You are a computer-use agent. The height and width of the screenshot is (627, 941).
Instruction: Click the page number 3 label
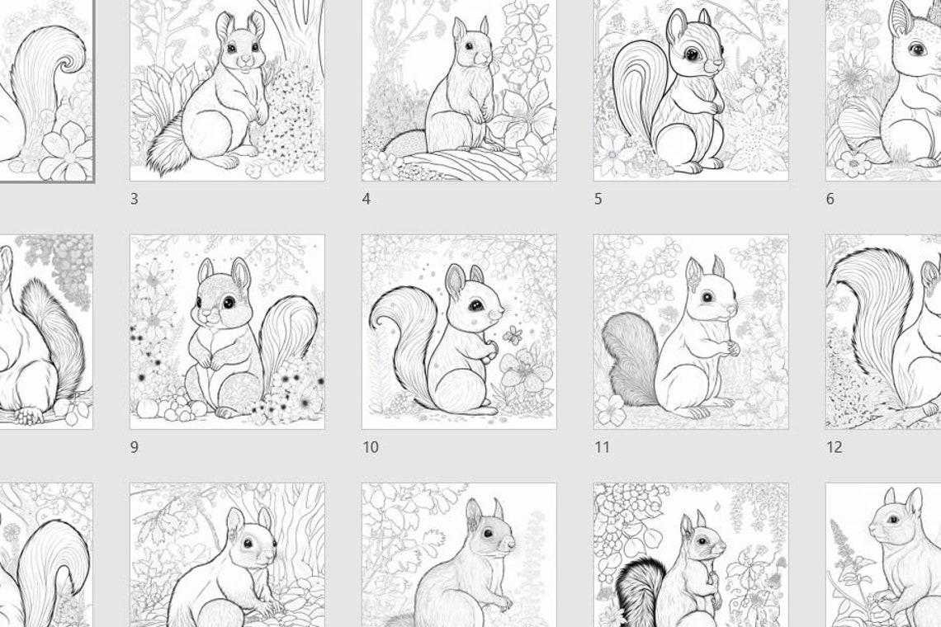(x=135, y=199)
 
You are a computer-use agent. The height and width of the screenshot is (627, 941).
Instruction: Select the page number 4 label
(x=366, y=199)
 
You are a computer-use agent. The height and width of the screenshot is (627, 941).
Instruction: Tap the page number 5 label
(x=598, y=199)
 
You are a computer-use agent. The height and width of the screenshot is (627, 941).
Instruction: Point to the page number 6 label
(x=830, y=199)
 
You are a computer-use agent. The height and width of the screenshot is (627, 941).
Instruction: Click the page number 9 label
(x=135, y=447)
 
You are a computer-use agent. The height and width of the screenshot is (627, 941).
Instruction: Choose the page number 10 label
(x=371, y=447)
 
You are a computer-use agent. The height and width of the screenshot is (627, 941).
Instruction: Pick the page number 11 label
(x=603, y=447)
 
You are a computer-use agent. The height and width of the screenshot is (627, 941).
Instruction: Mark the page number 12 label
(x=835, y=447)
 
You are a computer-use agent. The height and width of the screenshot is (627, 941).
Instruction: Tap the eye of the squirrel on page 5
(x=691, y=54)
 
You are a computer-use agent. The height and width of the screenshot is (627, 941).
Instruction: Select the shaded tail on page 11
(x=629, y=359)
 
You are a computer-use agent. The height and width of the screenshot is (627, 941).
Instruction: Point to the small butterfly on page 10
(x=513, y=334)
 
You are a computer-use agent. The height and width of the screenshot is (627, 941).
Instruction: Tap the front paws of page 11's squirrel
(x=730, y=349)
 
